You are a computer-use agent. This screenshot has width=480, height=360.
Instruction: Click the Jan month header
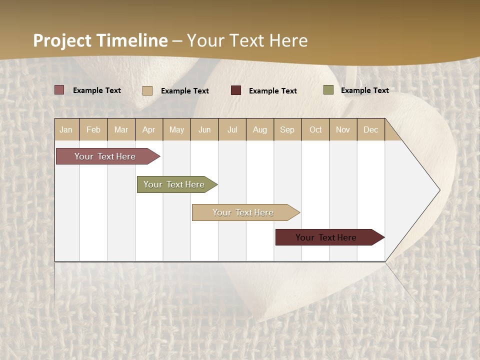[x=66, y=129]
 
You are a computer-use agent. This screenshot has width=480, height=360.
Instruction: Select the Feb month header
[x=93, y=129]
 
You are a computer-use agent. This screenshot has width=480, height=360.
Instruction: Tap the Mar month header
[x=121, y=129]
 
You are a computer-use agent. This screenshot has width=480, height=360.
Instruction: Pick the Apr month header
[x=149, y=129]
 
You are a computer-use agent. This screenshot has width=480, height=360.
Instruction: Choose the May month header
[x=176, y=129]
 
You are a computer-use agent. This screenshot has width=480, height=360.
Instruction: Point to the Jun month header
[x=204, y=129]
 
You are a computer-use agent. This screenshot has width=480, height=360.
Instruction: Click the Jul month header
[x=232, y=129]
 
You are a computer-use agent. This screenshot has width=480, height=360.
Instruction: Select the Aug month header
[x=260, y=129]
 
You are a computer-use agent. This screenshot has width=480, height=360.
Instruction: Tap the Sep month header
[x=287, y=129]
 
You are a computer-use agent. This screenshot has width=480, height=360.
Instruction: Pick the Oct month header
[x=315, y=129]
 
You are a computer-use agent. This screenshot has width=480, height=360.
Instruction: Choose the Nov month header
[x=343, y=129]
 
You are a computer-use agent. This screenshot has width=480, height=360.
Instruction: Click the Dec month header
[x=371, y=129]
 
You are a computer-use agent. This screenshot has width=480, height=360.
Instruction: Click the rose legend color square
[x=59, y=90]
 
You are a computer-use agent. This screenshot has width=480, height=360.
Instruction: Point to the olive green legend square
[x=328, y=90]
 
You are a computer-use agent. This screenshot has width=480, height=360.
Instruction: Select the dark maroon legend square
[x=236, y=90]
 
